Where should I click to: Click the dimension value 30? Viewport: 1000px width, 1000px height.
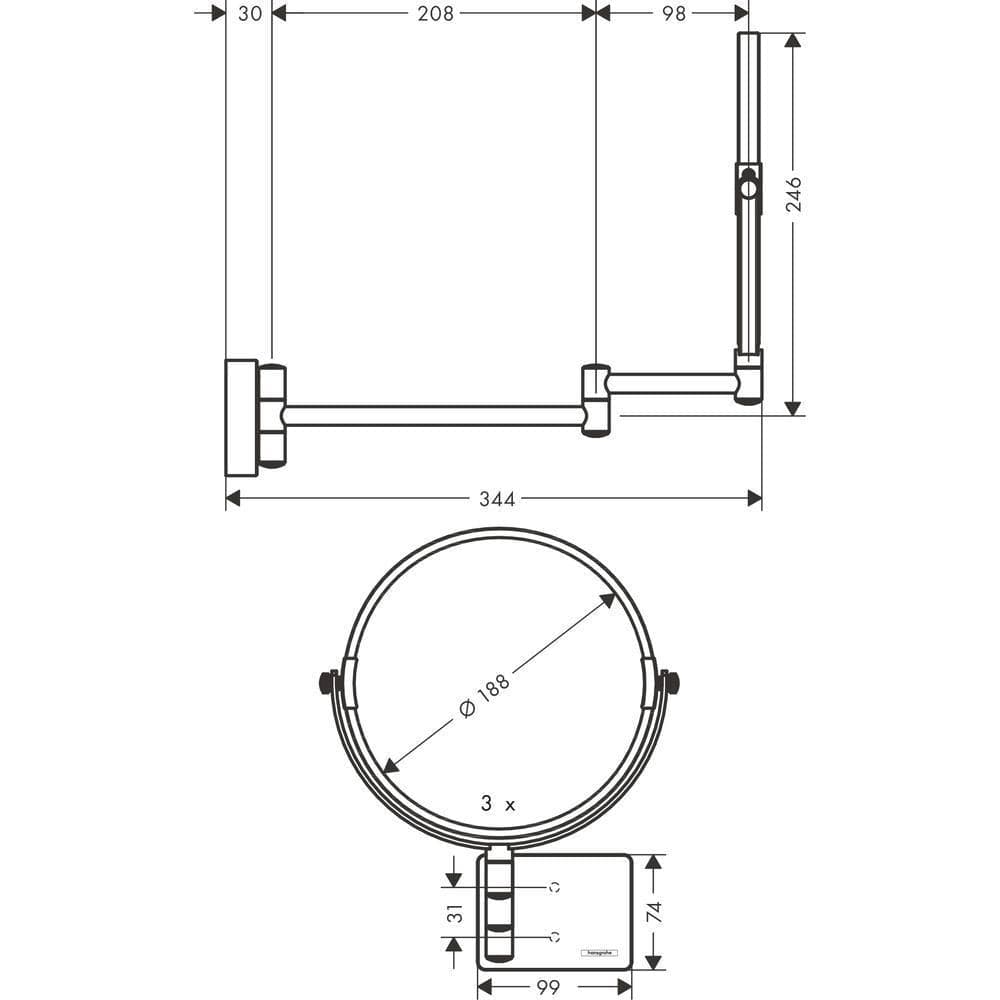point(251,13)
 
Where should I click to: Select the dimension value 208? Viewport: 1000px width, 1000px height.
point(435,13)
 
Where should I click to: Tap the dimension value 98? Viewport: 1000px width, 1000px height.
point(674,13)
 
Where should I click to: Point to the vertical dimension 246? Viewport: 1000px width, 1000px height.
point(794,195)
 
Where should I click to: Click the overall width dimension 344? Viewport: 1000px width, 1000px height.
point(496,499)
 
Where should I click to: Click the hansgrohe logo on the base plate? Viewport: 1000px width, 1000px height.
point(600,952)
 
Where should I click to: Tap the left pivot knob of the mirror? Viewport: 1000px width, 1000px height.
point(326,683)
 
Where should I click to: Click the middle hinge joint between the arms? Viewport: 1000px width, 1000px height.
point(595,400)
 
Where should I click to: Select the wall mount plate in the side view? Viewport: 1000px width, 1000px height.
point(241,415)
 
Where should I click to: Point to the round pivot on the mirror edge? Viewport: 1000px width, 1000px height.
point(748,186)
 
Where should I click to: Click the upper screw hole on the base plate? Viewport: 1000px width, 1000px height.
point(554,887)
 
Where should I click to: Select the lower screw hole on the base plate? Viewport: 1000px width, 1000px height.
point(554,937)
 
